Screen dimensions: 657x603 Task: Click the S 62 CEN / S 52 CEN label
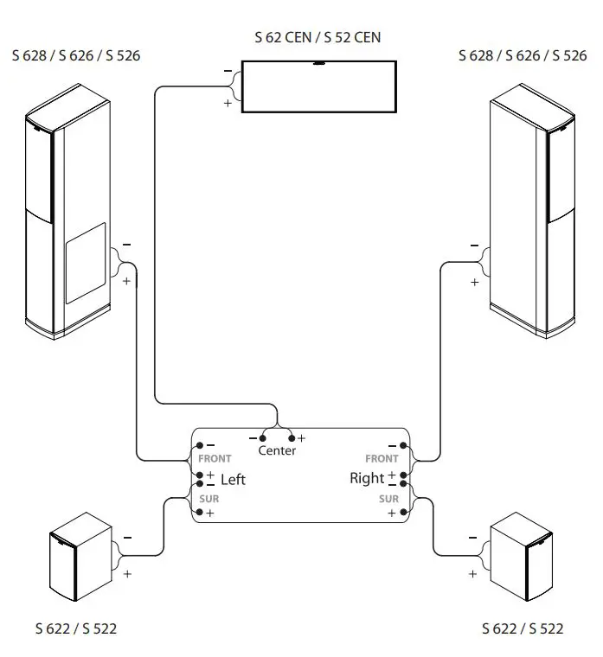coord(318,37)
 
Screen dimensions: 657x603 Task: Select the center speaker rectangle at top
coord(318,86)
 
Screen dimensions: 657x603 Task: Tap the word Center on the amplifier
coord(277,450)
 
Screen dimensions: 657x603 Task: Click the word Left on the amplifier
coord(234,479)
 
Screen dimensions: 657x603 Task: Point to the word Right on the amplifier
coord(366,478)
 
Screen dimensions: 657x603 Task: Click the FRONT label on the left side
coord(215,459)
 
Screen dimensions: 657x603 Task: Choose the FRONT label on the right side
coord(382,459)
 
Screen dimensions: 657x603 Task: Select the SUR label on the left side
coord(208,499)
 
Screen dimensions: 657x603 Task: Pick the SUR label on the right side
coord(388,499)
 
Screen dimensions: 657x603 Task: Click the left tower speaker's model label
coord(76,56)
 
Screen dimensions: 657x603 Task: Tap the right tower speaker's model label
coord(523,56)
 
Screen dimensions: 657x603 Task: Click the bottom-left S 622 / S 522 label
coord(76,628)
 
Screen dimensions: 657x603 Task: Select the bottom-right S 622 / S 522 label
coord(523,628)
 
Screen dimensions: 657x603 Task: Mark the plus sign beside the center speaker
coord(228,103)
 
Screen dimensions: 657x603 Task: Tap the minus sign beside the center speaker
coord(228,70)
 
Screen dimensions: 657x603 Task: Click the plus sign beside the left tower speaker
coord(127,281)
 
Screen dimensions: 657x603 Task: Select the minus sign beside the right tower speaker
coord(474,246)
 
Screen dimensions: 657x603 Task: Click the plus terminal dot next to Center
coord(292,438)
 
